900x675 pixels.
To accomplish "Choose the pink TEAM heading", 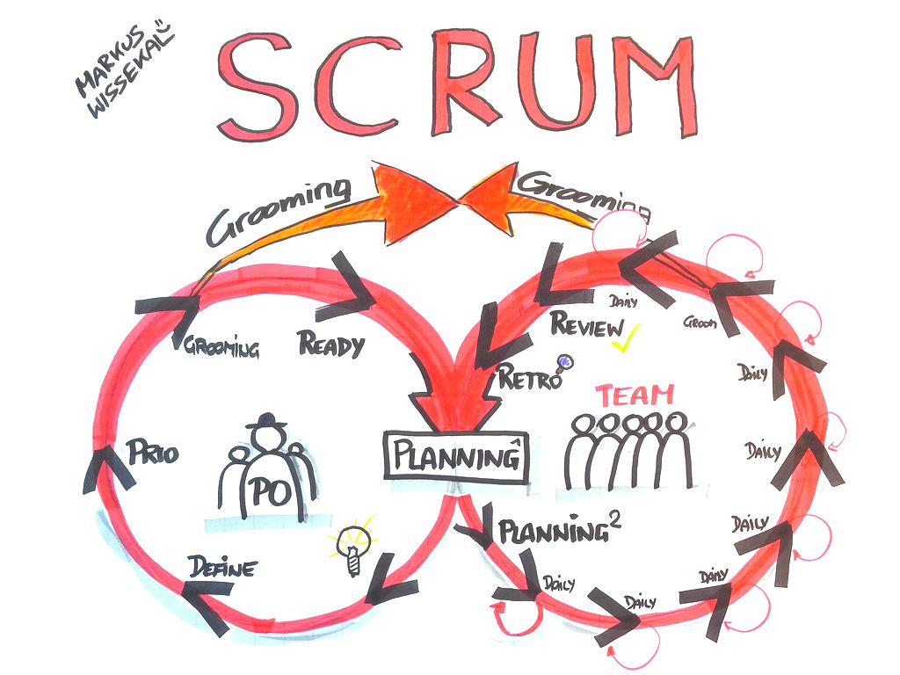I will (634, 395).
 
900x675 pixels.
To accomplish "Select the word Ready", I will (331, 345).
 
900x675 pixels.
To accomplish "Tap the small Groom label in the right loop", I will (700, 323).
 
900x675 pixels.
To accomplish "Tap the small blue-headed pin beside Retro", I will (562, 361).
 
